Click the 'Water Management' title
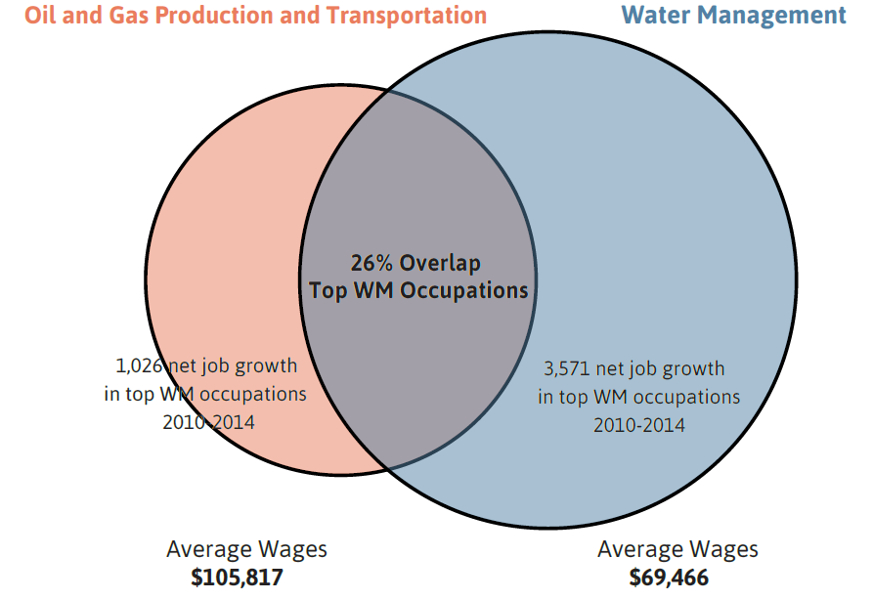point(733,15)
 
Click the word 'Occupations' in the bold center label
point(469,290)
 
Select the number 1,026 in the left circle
point(139,366)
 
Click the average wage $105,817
point(238,577)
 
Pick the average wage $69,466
point(669,577)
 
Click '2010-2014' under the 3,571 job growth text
point(638,425)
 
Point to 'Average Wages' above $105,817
point(246,548)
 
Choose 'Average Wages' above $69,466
point(677,548)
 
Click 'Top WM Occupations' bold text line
point(418,290)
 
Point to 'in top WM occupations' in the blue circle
point(638,397)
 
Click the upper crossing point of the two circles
point(388,92)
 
